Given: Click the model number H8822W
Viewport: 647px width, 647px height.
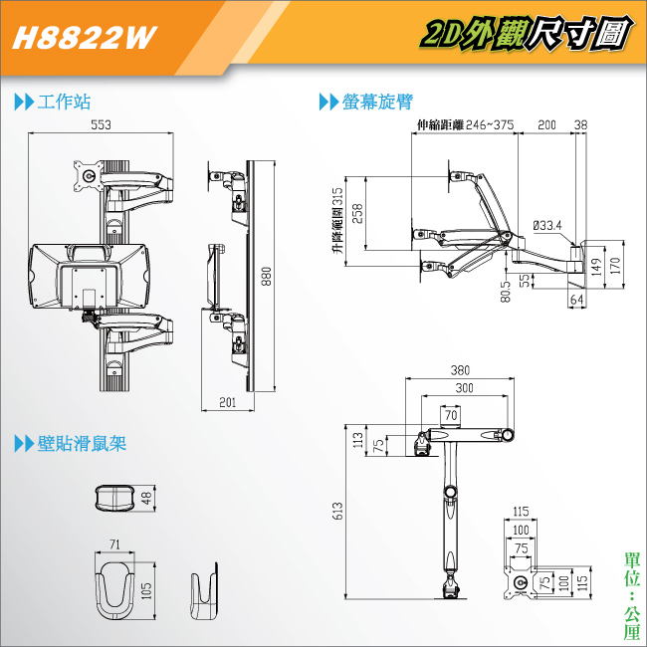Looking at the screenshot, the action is [x=85, y=38].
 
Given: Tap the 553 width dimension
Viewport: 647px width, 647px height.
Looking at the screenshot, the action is [x=101, y=124].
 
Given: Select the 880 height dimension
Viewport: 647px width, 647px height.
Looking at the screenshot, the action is [x=267, y=276].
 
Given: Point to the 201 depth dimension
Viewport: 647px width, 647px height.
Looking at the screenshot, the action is [x=227, y=402].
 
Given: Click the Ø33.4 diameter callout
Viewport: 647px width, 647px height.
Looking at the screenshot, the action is [x=547, y=225].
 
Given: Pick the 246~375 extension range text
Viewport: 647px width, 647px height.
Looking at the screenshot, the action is [x=490, y=124].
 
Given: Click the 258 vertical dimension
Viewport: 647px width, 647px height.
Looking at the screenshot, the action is [x=357, y=213].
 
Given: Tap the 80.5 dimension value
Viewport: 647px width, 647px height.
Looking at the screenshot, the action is [x=506, y=292].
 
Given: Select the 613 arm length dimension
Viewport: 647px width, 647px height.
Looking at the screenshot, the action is [x=337, y=511].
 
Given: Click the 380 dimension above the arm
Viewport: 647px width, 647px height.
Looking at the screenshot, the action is [x=460, y=370].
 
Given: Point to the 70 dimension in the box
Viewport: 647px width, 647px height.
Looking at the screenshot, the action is [x=451, y=415].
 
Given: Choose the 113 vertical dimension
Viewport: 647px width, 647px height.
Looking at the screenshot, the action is [x=358, y=440].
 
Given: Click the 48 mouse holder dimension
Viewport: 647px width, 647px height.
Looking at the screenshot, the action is [x=147, y=498].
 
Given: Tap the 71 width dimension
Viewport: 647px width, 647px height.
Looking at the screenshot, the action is [x=114, y=544].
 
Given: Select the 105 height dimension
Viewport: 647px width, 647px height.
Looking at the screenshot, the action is [x=146, y=591].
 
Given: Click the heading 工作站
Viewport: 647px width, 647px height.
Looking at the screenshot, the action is [x=64, y=102].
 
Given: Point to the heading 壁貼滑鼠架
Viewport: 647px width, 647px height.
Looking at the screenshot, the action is [x=82, y=444].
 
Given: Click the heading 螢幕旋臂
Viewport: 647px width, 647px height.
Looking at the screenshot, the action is [x=377, y=102].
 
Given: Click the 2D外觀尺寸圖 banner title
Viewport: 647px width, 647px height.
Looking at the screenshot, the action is [x=527, y=34].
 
